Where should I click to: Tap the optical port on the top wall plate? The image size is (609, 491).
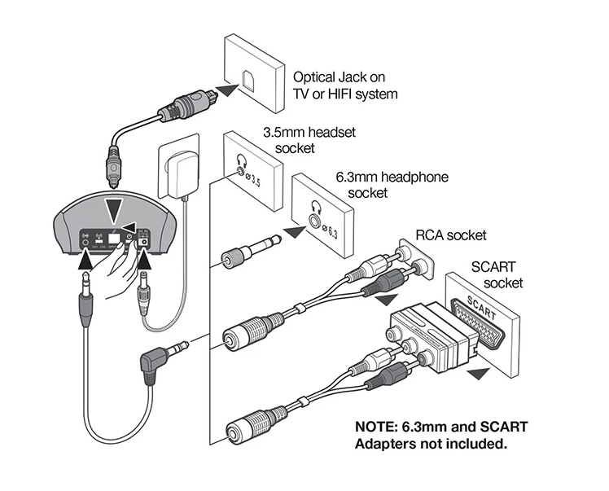pos(246,79)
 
